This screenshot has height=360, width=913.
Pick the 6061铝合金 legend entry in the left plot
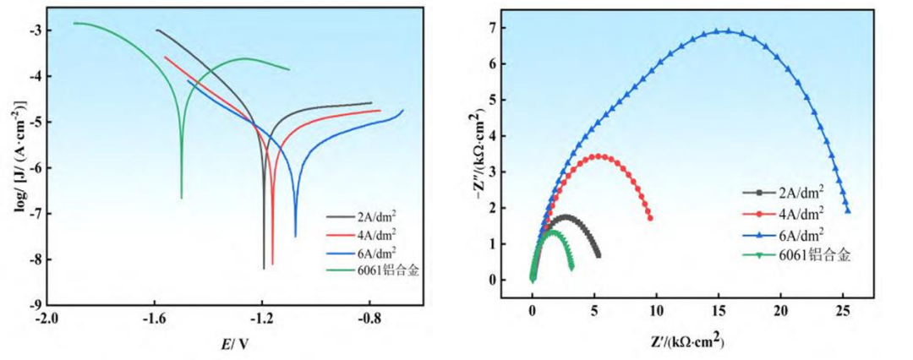372,270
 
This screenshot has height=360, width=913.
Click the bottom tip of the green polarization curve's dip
182,198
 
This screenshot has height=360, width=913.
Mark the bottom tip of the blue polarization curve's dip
295,237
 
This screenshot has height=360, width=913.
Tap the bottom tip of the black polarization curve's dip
264,268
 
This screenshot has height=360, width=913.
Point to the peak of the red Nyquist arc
599,156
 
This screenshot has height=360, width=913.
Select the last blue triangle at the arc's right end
847,210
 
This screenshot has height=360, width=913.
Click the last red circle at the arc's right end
649,218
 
